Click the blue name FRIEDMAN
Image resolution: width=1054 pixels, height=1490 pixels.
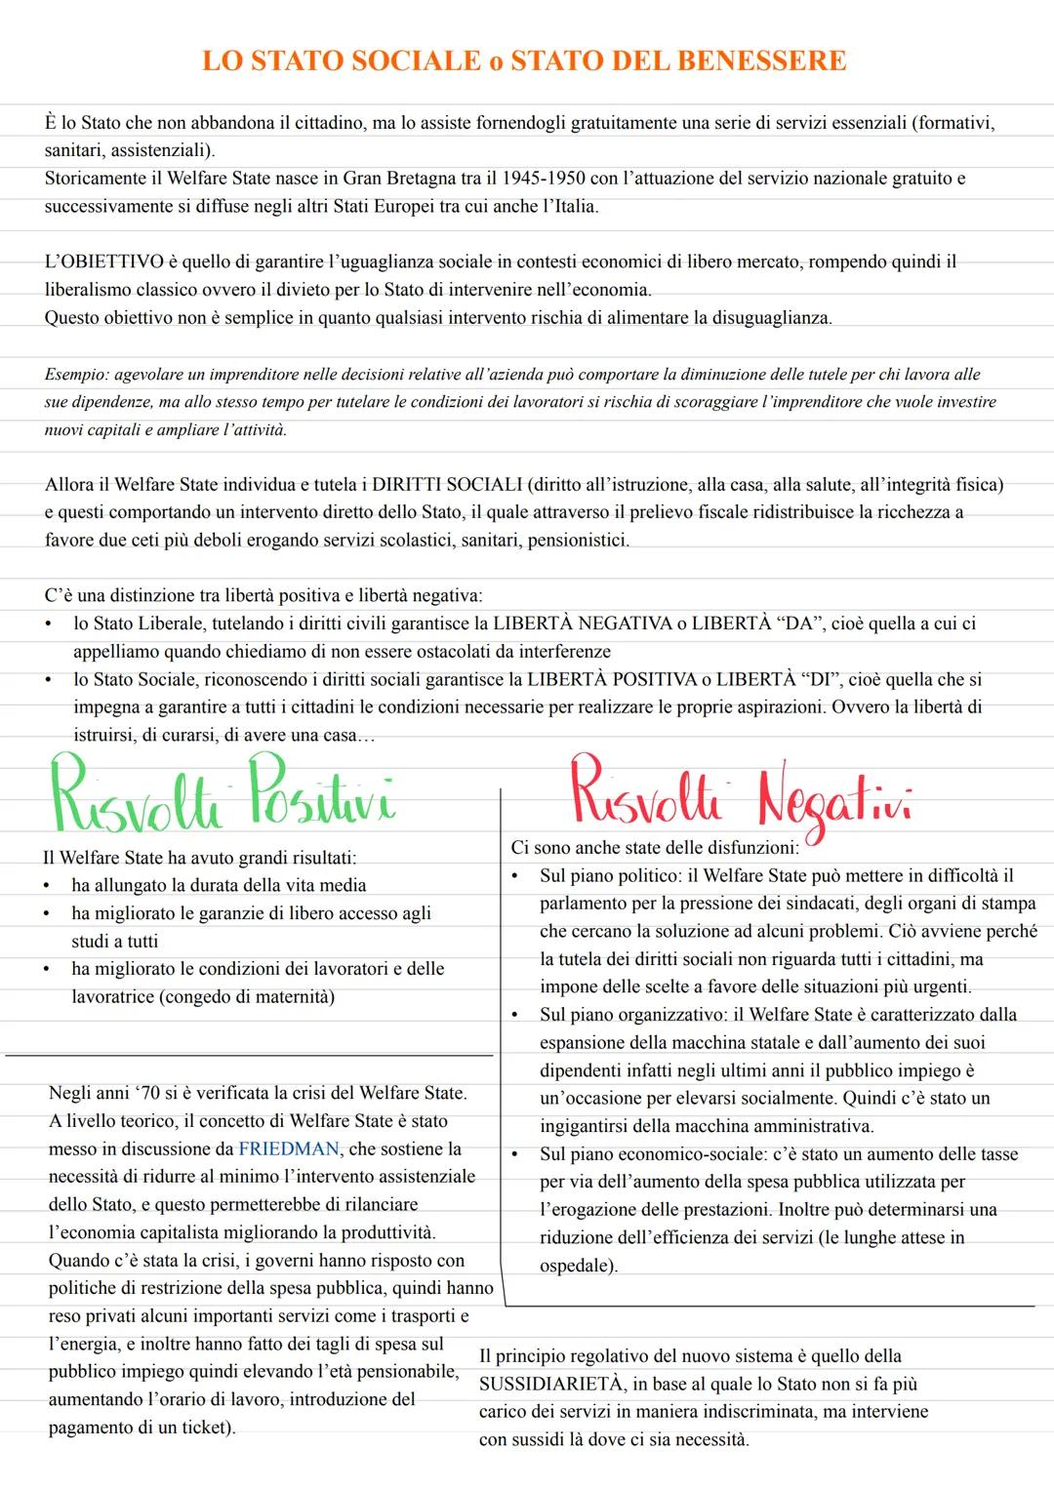click(x=289, y=1149)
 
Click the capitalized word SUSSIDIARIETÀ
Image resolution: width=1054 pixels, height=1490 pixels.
click(x=550, y=1384)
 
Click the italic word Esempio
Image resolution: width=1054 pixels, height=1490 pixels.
click(x=75, y=375)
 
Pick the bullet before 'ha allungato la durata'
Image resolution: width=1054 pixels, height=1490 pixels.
click(x=46, y=886)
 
